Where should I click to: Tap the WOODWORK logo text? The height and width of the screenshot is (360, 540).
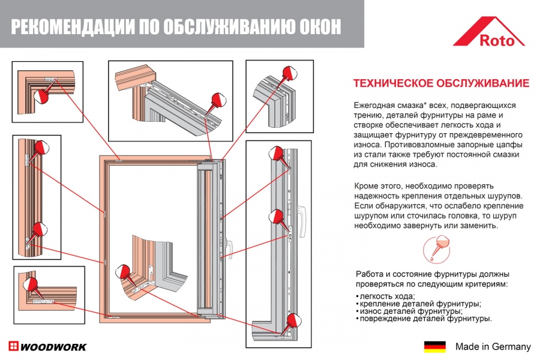tap(53, 347)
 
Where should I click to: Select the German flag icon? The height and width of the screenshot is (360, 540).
tap(434, 347)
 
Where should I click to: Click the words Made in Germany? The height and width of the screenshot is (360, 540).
tap(493, 347)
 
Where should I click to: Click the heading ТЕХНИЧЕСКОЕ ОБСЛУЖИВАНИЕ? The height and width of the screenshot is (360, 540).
tap(440, 83)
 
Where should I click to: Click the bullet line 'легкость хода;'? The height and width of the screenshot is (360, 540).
tap(386, 297)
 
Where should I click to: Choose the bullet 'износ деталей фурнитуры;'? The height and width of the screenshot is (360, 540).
tap(410, 311)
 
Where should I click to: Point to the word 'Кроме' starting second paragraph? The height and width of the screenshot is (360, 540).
tap(367, 186)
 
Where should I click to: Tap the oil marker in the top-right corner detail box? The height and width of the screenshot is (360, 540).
tap(290, 74)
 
